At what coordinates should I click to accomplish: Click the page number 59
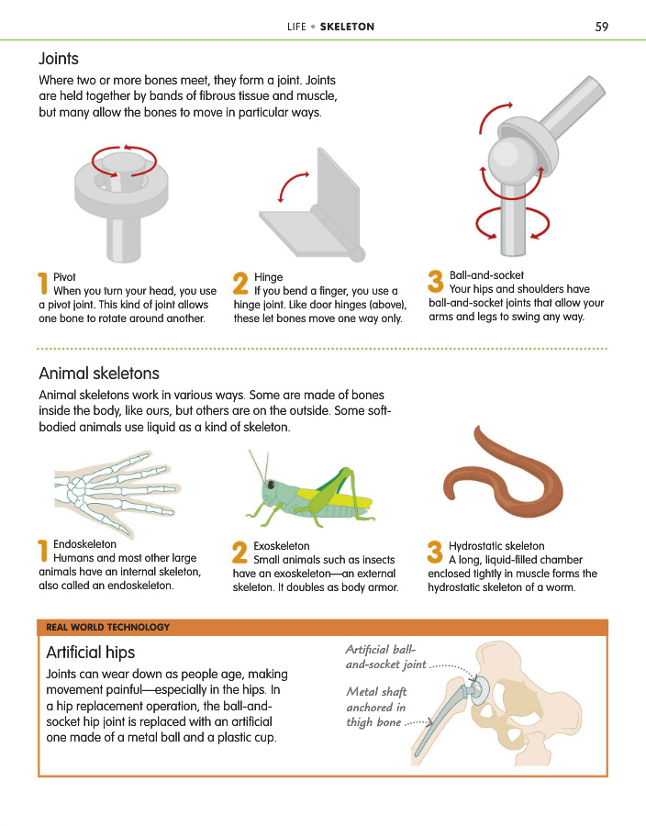coord(602,27)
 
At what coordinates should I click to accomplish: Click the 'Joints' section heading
coord(59,59)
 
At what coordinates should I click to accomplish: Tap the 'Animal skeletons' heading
coord(99,373)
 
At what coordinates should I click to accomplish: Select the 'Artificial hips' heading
coord(91,653)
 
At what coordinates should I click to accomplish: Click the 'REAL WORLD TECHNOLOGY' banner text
coord(108,627)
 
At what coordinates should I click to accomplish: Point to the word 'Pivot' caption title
coord(64,277)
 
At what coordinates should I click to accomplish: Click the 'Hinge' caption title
coord(269,277)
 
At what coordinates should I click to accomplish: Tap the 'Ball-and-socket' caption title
coord(486,275)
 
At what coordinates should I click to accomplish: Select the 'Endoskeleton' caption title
coord(84,544)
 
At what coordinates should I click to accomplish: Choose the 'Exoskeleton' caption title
coord(282,546)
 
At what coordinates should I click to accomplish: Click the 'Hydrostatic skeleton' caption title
coord(496,546)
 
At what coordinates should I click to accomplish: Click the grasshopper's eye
coord(271,484)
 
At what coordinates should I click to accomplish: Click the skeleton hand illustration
coord(117,493)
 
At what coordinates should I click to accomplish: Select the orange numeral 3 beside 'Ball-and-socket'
coord(436,281)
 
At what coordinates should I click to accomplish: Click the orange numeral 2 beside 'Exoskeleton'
coord(240,553)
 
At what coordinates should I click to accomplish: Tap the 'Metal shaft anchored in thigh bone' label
coord(376,707)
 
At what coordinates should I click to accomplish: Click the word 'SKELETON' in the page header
coord(347,27)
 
